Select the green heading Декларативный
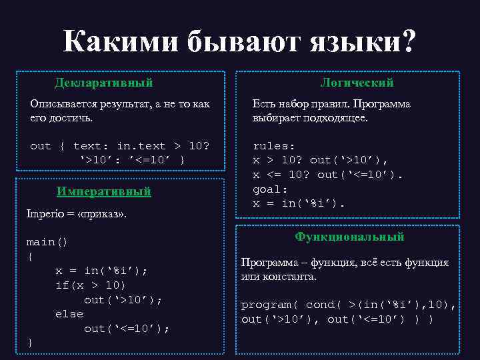pyautogui.click(x=103, y=83)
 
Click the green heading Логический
pyautogui.click(x=357, y=83)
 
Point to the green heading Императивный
pyautogui.click(x=103, y=192)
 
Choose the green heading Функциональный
pyautogui.click(x=349, y=237)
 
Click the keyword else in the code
pyautogui.click(x=69, y=313)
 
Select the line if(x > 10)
pyautogui.click(x=90, y=285)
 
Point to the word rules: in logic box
pyautogui.click(x=274, y=145)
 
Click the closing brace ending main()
pyautogui.click(x=30, y=342)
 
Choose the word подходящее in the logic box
pyautogui.click(x=339, y=118)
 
